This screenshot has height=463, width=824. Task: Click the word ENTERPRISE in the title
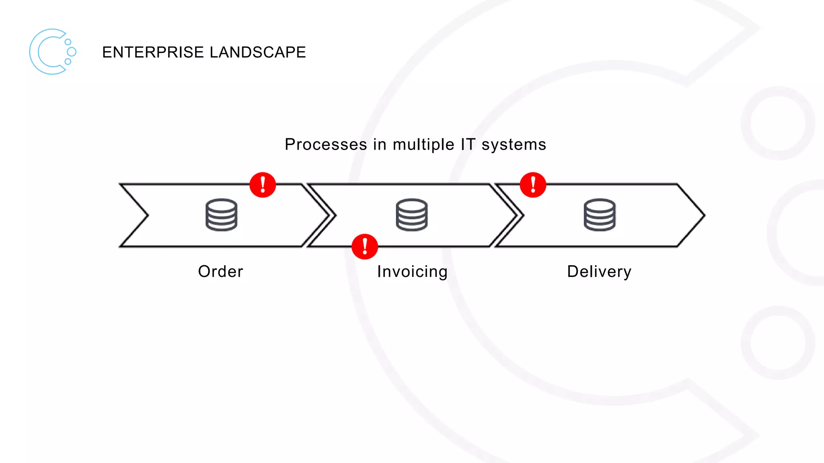point(153,52)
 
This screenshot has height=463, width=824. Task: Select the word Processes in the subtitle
point(326,144)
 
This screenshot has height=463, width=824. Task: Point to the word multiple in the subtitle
point(423,144)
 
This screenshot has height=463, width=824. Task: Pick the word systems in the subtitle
point(514,144)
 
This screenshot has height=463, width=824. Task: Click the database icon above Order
point(221,215)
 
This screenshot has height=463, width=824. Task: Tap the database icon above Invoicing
point(412,215)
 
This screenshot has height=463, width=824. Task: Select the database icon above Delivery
point(599,215)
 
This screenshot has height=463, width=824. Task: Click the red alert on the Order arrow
point(263,185)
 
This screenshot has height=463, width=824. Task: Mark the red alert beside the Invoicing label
point(365,246)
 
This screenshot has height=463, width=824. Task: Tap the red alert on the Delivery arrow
point(533,185)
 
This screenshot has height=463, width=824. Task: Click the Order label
point(220,272)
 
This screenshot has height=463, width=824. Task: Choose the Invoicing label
point(412,272)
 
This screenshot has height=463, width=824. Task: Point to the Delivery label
point(599,272)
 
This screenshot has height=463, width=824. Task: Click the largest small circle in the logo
point(72,51)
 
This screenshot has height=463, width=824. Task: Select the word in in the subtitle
point(379,144)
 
